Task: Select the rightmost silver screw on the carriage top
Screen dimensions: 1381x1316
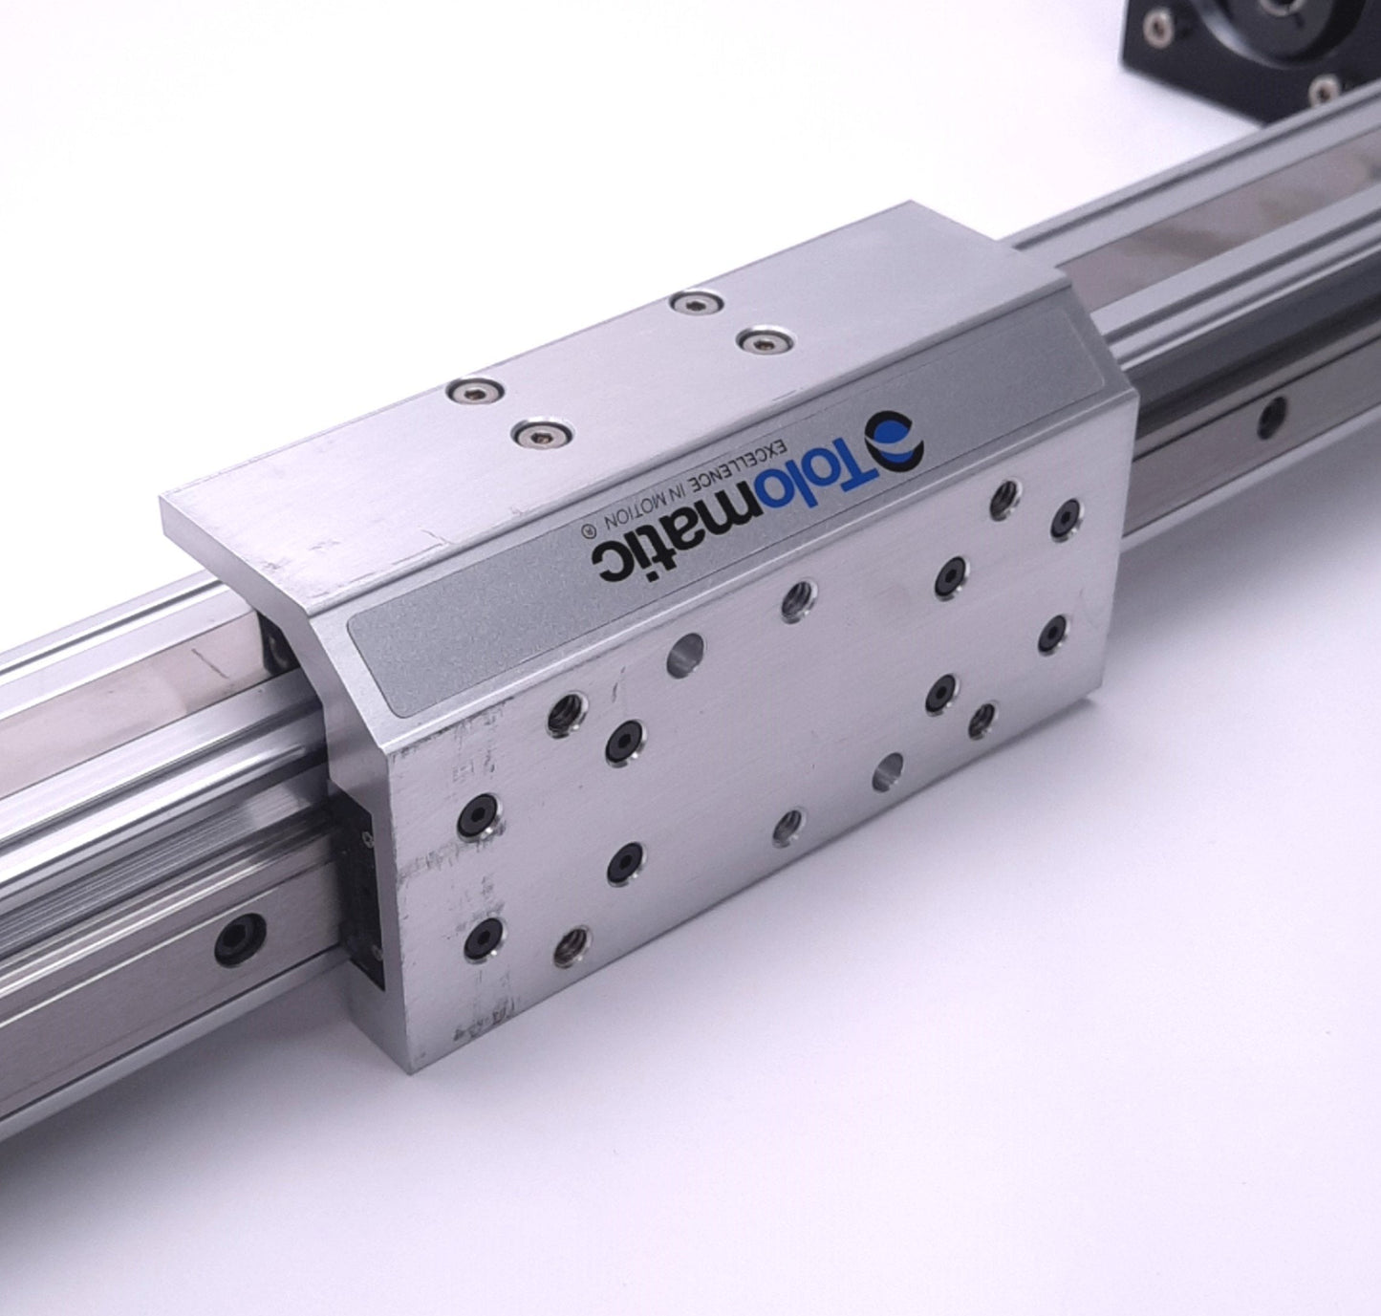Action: pyautogui.click(x=765, y=341)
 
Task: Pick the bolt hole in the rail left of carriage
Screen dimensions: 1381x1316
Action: pyautogui.click(x=240, y=938)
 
